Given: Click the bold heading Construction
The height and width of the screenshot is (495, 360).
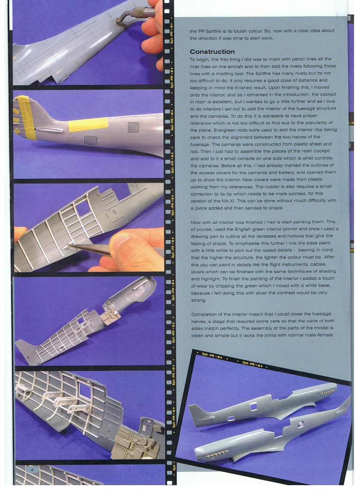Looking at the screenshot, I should [212, 52].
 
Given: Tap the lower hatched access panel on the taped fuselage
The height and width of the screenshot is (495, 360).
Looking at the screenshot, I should [90, 140].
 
